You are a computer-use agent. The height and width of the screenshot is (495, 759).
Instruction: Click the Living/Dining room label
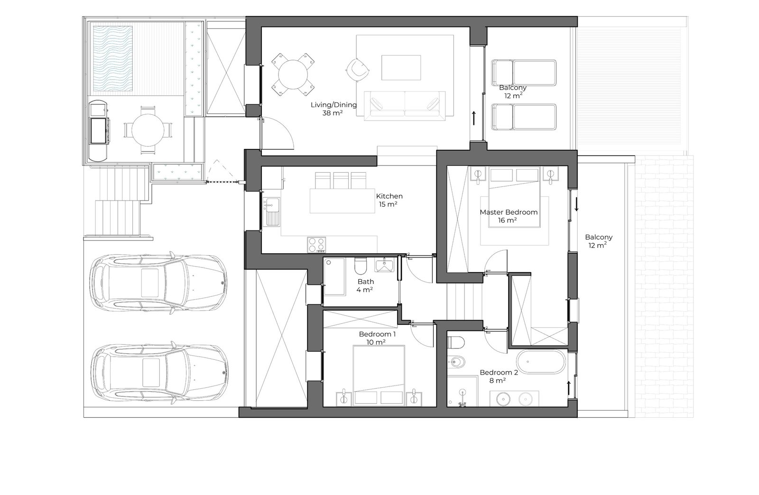(333, 109)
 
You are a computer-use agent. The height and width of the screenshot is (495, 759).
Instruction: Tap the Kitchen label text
(389, 196)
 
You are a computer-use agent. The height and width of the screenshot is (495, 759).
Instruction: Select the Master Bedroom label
(508, 212)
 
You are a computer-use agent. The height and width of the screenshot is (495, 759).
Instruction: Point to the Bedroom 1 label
(377, 334)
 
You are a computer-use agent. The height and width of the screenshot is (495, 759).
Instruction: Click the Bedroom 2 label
(499, 372)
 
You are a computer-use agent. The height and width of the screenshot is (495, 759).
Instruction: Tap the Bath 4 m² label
(365, 285)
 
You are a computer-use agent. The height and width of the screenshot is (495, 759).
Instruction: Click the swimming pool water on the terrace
(112, 59)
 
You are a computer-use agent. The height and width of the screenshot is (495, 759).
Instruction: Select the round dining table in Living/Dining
(293, 74)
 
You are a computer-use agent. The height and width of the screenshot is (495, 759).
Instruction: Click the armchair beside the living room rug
(358, 70)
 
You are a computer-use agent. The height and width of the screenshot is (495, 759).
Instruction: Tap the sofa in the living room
(405, 105)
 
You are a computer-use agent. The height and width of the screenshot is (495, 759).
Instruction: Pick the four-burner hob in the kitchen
(316, 245)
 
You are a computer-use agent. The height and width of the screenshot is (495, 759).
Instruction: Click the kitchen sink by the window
(271, 211)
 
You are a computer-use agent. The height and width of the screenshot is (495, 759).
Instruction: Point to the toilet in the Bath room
(361, 266)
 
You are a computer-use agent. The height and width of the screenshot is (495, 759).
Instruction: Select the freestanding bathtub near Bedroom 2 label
(541, 361)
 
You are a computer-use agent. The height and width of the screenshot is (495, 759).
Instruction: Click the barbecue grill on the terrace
(99, 130)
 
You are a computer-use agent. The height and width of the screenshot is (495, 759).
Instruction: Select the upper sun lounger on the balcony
(524, 73)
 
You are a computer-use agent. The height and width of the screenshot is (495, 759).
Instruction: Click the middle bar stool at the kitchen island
(341, 181)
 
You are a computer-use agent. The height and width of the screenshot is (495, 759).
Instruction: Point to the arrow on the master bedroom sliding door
(576, 204)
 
